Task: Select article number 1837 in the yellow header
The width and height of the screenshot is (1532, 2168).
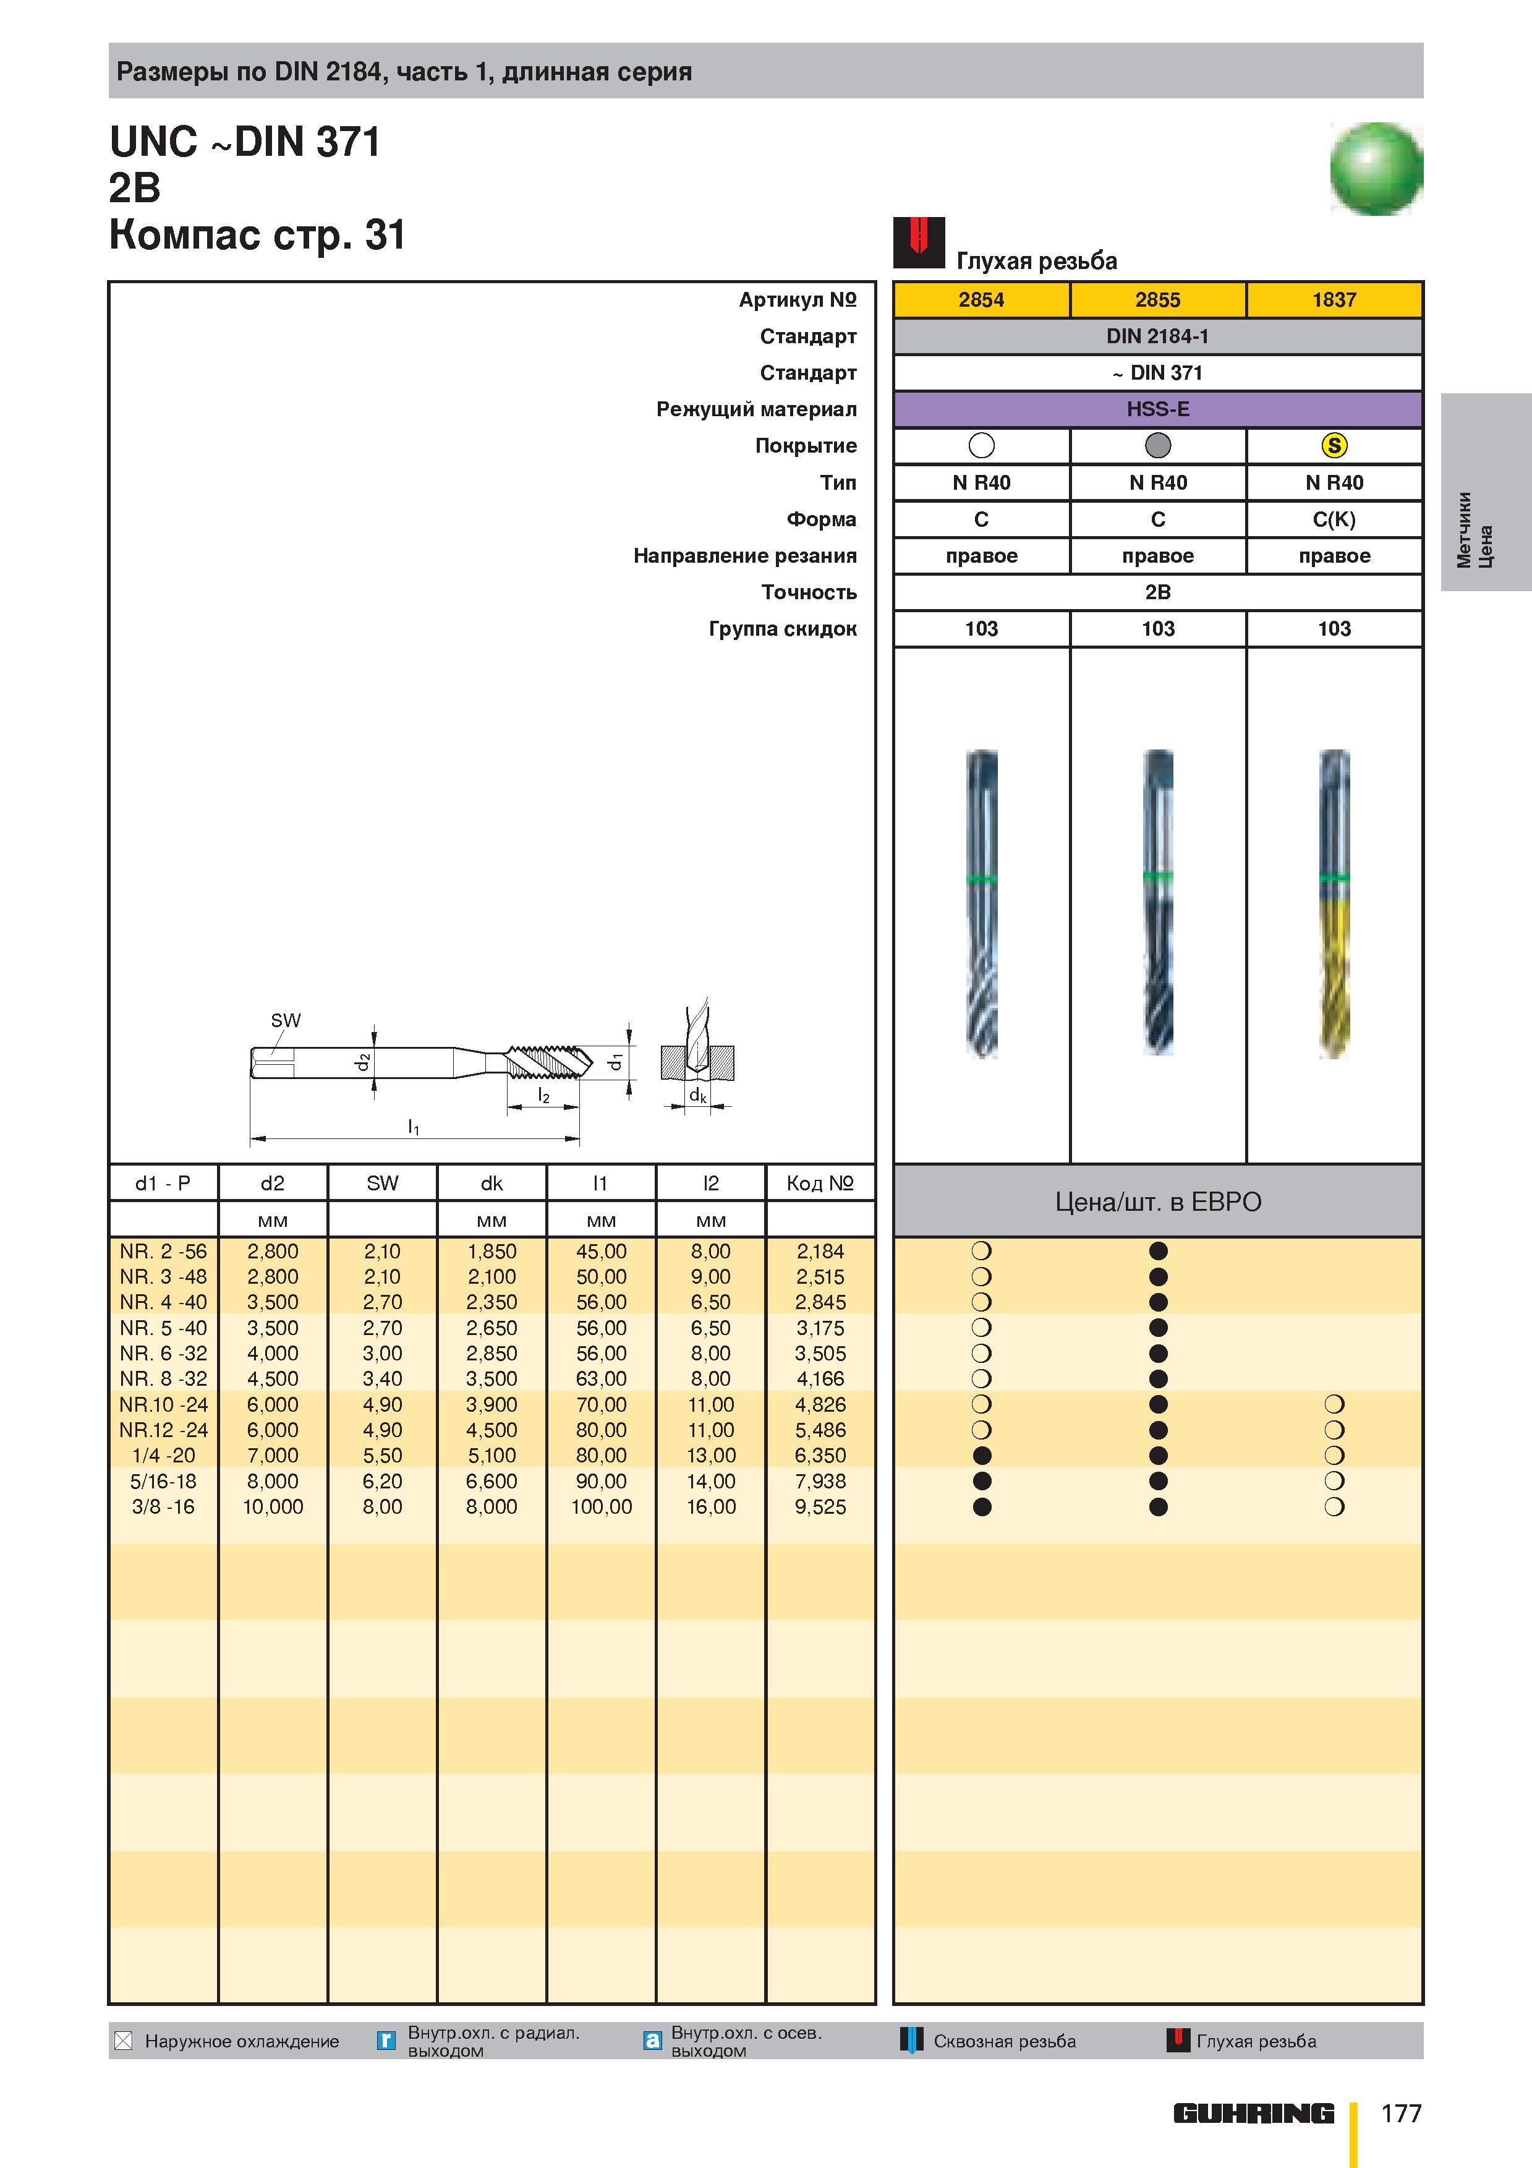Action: (x=1334, y=299)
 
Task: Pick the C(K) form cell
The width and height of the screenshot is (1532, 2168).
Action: (x=1334, y=519)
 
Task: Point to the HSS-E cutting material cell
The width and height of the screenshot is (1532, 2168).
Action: (x=1157, y=409)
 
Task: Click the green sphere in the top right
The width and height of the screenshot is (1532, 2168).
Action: (x=1376, y=169)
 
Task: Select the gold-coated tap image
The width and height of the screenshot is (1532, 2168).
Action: (x=1334, y=903)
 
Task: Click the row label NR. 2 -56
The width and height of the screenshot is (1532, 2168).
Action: (x=163, y=1251)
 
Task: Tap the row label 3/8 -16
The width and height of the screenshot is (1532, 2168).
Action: (x=163, y=1506)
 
